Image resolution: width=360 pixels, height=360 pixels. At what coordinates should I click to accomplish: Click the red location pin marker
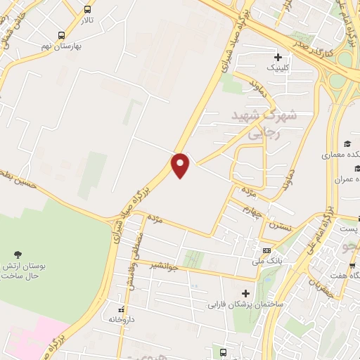coord(181,165)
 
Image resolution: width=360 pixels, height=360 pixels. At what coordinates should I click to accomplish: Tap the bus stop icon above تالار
coord(87,10)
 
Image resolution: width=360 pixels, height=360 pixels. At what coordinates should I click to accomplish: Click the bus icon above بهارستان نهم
coord(61,35)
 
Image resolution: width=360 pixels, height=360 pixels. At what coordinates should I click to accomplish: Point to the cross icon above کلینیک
coord(278,58)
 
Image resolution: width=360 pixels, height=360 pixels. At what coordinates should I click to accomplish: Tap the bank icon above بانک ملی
coord(266,250)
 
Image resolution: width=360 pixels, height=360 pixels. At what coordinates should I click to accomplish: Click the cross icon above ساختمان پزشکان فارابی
coord(245,293)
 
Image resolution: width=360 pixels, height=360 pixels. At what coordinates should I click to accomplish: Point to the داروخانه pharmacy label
coord(120,319)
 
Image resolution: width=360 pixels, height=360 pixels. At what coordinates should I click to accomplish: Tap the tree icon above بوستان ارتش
coord(17,253)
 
